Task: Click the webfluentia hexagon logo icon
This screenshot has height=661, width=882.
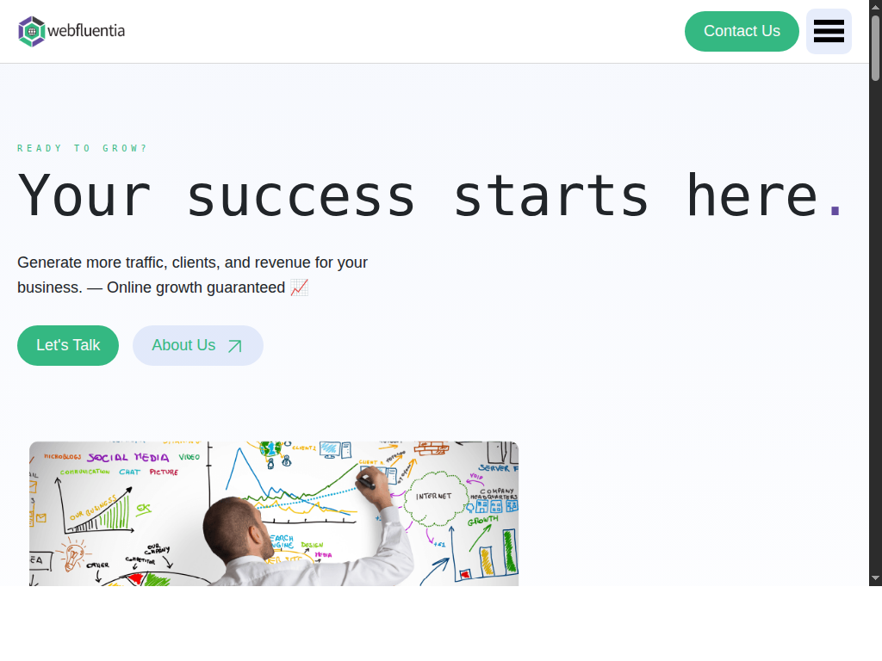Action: (32, 31)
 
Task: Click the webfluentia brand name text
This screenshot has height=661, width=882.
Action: (86, 31)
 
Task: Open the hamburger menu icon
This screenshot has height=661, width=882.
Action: (829, 31)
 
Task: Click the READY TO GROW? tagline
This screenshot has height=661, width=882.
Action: (83, 148)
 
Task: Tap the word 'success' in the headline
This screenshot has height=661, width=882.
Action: (301, 196)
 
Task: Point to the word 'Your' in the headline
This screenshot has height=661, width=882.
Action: (84, 196)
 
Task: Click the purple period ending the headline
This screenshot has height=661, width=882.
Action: (834, 209)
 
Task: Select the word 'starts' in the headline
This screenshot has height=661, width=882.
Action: (550, 196)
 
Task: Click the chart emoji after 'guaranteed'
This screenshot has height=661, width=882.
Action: (299, 287)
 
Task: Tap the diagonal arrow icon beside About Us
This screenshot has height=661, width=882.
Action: (234, 346)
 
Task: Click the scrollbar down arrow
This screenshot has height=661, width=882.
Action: (875, 578)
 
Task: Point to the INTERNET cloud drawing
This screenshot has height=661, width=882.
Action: (433, 497)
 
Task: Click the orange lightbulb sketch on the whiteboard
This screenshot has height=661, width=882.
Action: (71, 551)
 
